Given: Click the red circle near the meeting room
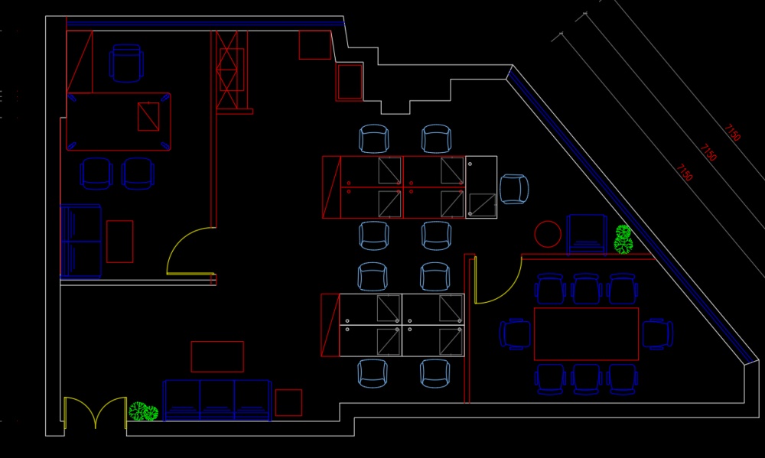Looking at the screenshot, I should [548, 234].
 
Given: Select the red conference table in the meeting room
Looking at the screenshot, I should [586, 334].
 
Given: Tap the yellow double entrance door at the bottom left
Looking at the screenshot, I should [95, 414].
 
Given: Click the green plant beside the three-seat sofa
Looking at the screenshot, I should [143, 412].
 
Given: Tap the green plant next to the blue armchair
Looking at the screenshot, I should [623, 239].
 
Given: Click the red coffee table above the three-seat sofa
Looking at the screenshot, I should [217, 356].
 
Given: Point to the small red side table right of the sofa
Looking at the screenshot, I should [288, 402].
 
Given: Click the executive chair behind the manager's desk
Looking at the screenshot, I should [126, 63].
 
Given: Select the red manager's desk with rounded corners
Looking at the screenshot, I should [119, 122].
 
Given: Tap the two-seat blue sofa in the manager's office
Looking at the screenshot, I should [81, 241].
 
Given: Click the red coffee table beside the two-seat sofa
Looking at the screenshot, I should [119, 241].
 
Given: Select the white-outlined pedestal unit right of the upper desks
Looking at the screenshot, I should [481, 187].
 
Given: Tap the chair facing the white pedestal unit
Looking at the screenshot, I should [514, 189].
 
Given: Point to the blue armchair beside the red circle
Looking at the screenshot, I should [587, 233].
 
